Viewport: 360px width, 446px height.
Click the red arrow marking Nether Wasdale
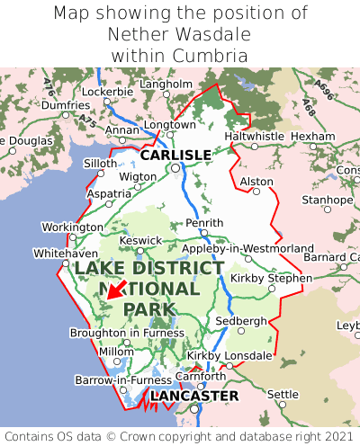coord(113,289)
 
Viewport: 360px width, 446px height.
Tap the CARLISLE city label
coord(175,155)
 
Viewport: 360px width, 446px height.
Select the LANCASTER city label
coord(194,396)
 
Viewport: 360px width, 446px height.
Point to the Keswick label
coord(141,241)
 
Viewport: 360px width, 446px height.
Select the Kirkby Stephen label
coord(271,278)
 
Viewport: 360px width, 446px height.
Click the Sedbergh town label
coord(241,321)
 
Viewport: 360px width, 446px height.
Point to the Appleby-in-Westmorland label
coord(247,249)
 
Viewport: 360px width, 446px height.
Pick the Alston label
coord(256,181)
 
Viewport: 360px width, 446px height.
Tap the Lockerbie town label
coord(107,92)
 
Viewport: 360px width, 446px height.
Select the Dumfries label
coord(65,105)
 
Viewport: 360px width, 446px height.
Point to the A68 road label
coord(309,110)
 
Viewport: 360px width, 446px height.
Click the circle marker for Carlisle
coord(175,167)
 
